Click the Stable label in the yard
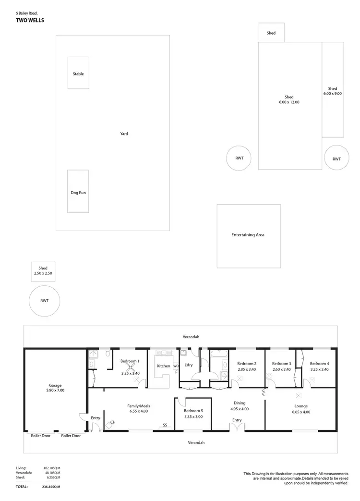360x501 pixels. coord(78,74)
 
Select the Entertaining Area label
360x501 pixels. coord(248,235)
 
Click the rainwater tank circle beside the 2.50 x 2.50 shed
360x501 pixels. coord(44,301)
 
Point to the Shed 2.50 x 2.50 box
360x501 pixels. coord(43,270)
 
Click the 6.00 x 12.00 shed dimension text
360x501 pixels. coord(289,102)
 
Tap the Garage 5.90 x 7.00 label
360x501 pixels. coord(55,388)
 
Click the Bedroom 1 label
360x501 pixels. coord(130,361)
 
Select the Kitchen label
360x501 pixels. coord(163,366)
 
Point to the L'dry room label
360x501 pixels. coord(188,365)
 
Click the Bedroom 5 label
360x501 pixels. coord(193,411)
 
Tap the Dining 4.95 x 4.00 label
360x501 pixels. coord(239,406)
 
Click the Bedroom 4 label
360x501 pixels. coord(319,364)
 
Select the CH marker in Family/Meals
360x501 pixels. coord(113,422)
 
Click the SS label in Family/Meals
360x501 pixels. coord(165,425)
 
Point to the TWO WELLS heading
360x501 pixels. coord(29,21)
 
